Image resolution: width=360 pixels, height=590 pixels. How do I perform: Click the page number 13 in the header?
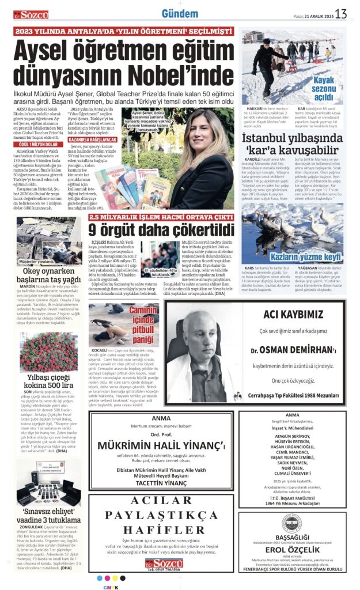click(341, 13)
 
